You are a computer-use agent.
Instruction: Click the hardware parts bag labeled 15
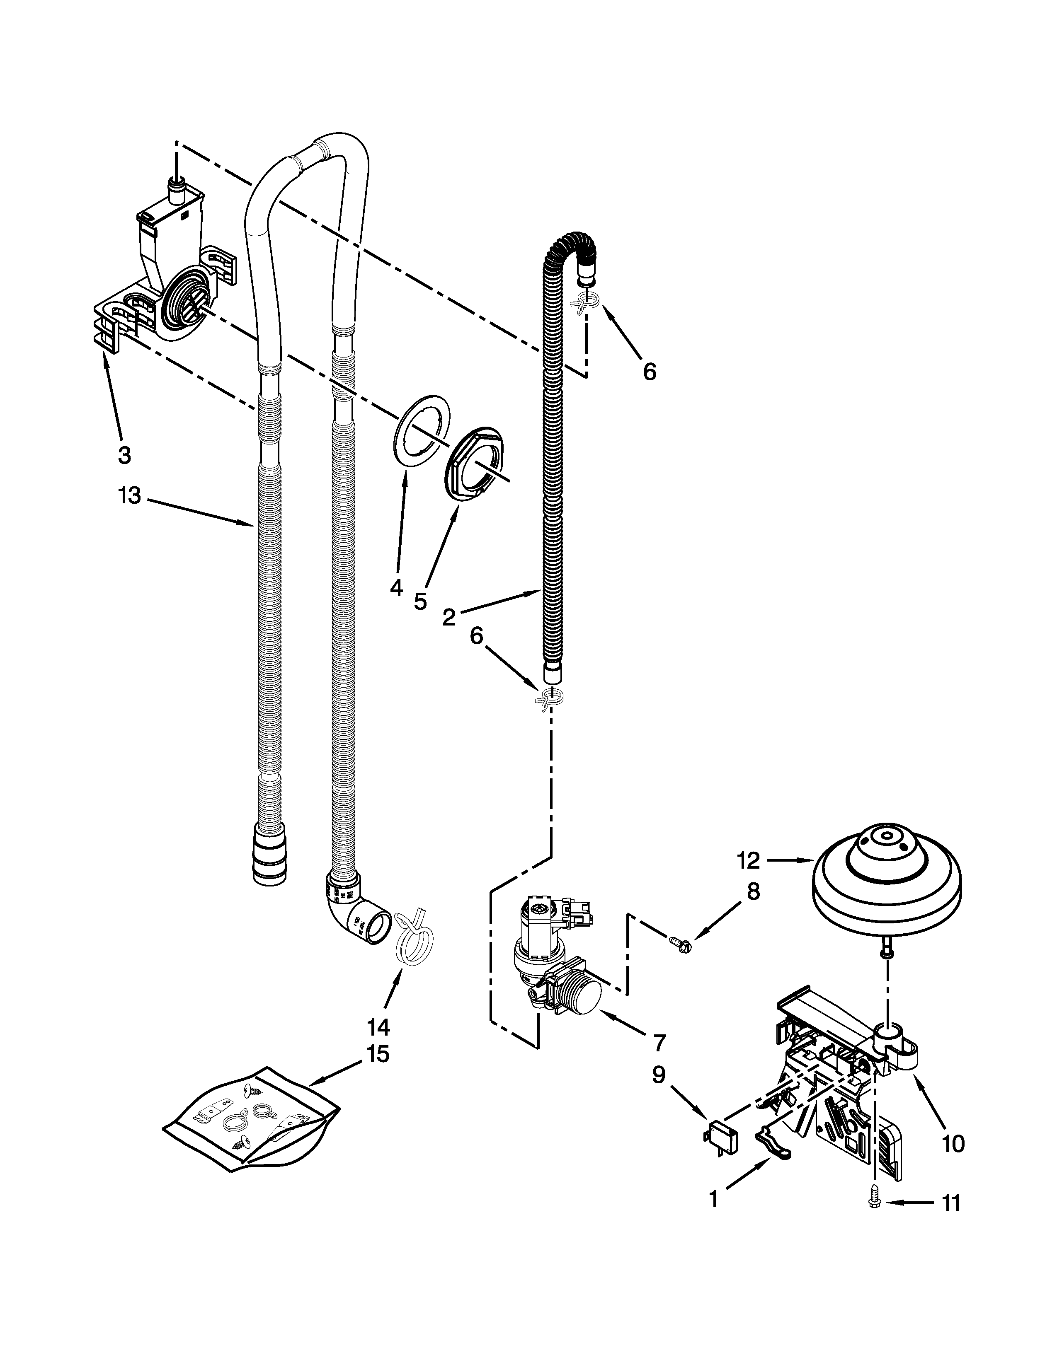point(250,1122)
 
